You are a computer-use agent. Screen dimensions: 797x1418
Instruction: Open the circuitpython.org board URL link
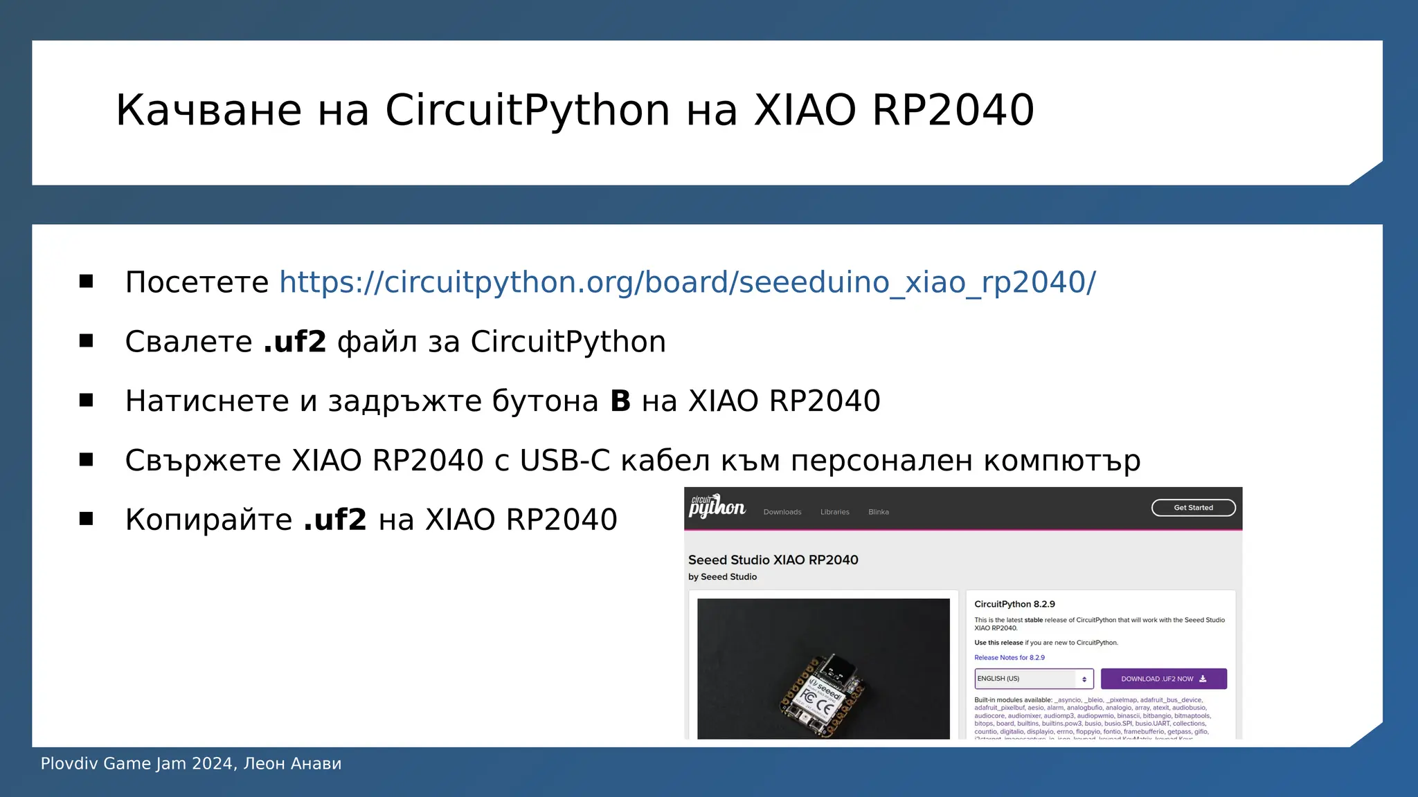click(x=687, y=282)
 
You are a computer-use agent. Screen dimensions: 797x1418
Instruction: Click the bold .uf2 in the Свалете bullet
click(x=295, y=342)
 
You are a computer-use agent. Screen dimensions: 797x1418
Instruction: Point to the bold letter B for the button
click(x=620, y=401)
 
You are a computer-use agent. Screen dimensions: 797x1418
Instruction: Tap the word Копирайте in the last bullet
click(x=208, y=520)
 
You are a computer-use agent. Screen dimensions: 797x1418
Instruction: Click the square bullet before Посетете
click(x=87, y=282)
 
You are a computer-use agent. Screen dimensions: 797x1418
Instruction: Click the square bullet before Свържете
click(x=87, y=460)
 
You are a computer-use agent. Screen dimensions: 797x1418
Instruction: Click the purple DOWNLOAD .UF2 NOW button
click(x=1163, y=679)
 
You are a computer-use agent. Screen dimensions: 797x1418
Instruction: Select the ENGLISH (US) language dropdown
click(x=1033, y=679)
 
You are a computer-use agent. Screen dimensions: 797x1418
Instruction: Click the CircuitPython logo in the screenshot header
click(x=717, y=507)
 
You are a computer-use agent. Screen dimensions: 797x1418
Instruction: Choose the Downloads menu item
click(x=782, y=512)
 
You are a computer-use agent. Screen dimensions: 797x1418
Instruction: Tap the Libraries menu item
click(x=834, y=512)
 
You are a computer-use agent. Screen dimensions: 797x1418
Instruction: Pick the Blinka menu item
click(x=879, y=512)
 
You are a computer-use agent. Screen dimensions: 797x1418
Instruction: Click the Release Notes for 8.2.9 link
click(x=1009, y=658)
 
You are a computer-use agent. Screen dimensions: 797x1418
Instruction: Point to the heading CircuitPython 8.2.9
click(x=1014, y=604)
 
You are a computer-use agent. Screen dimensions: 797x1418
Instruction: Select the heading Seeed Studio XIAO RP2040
click(x=773, y=560)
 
